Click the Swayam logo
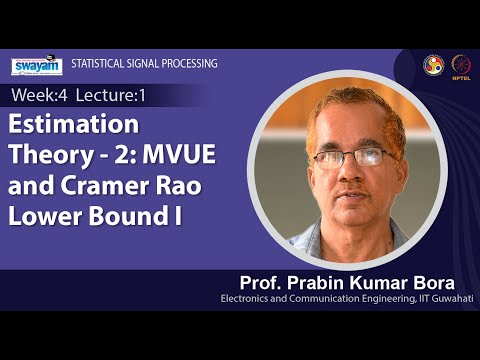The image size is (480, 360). pyautogui.click(x=36, y=66)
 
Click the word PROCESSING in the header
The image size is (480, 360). pyautogui.click(x=190, y=63)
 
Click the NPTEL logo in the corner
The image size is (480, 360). pyautogui.click(x=460, y=64)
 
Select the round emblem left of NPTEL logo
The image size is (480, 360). pyautogui.click(x=433, y=64)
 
